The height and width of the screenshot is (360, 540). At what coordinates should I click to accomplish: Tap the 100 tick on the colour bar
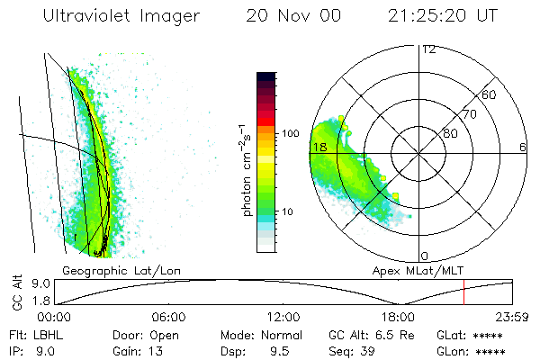point(290,133)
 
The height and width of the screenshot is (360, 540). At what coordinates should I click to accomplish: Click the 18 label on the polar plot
point(318,147)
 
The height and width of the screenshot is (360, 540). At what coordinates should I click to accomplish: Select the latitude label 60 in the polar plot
point(490,94)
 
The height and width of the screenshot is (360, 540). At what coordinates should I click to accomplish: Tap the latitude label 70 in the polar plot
point(470,114)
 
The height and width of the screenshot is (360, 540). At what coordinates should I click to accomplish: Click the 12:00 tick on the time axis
point(283,317)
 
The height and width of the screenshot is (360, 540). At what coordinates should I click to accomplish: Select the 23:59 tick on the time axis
point(512,317)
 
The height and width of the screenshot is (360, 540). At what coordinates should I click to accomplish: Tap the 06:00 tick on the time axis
point(168,317)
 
